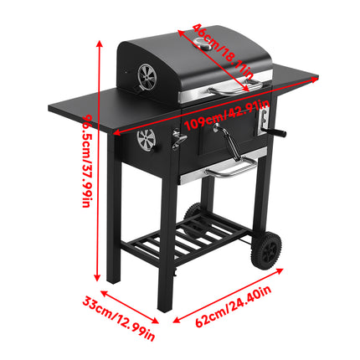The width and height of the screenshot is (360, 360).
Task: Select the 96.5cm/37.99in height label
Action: point(86,168)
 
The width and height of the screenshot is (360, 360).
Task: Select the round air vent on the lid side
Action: point(145,78)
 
